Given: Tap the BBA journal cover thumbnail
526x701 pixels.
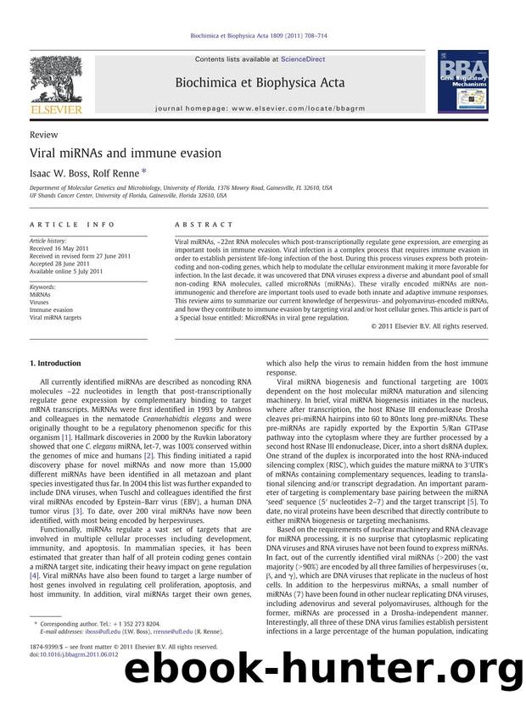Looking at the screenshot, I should click(463, 81).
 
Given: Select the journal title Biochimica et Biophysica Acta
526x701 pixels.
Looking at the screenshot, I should click(262, 83).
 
